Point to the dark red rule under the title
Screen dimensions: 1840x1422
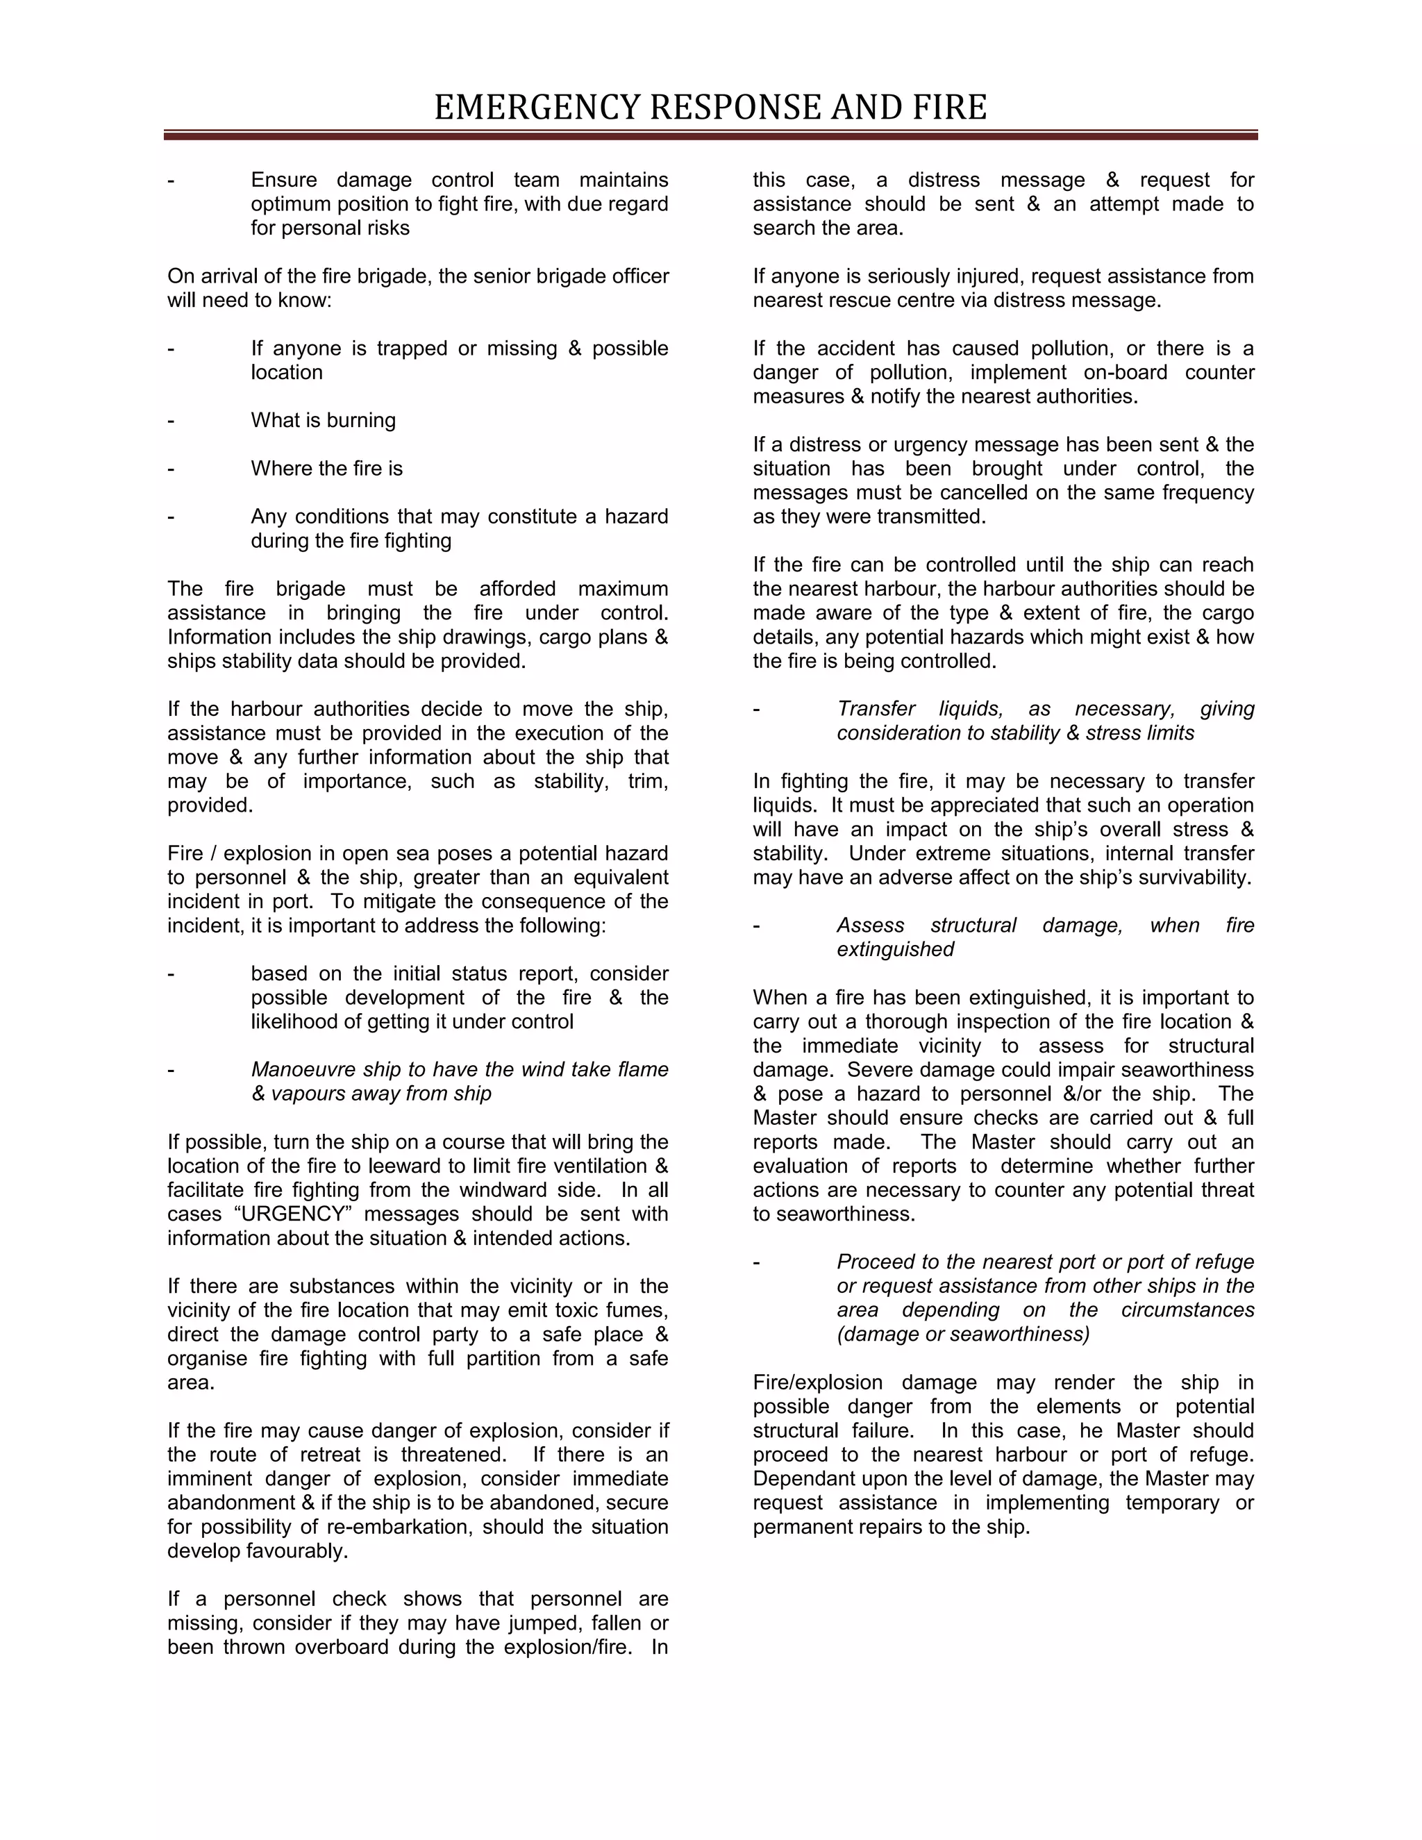[710, 135]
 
